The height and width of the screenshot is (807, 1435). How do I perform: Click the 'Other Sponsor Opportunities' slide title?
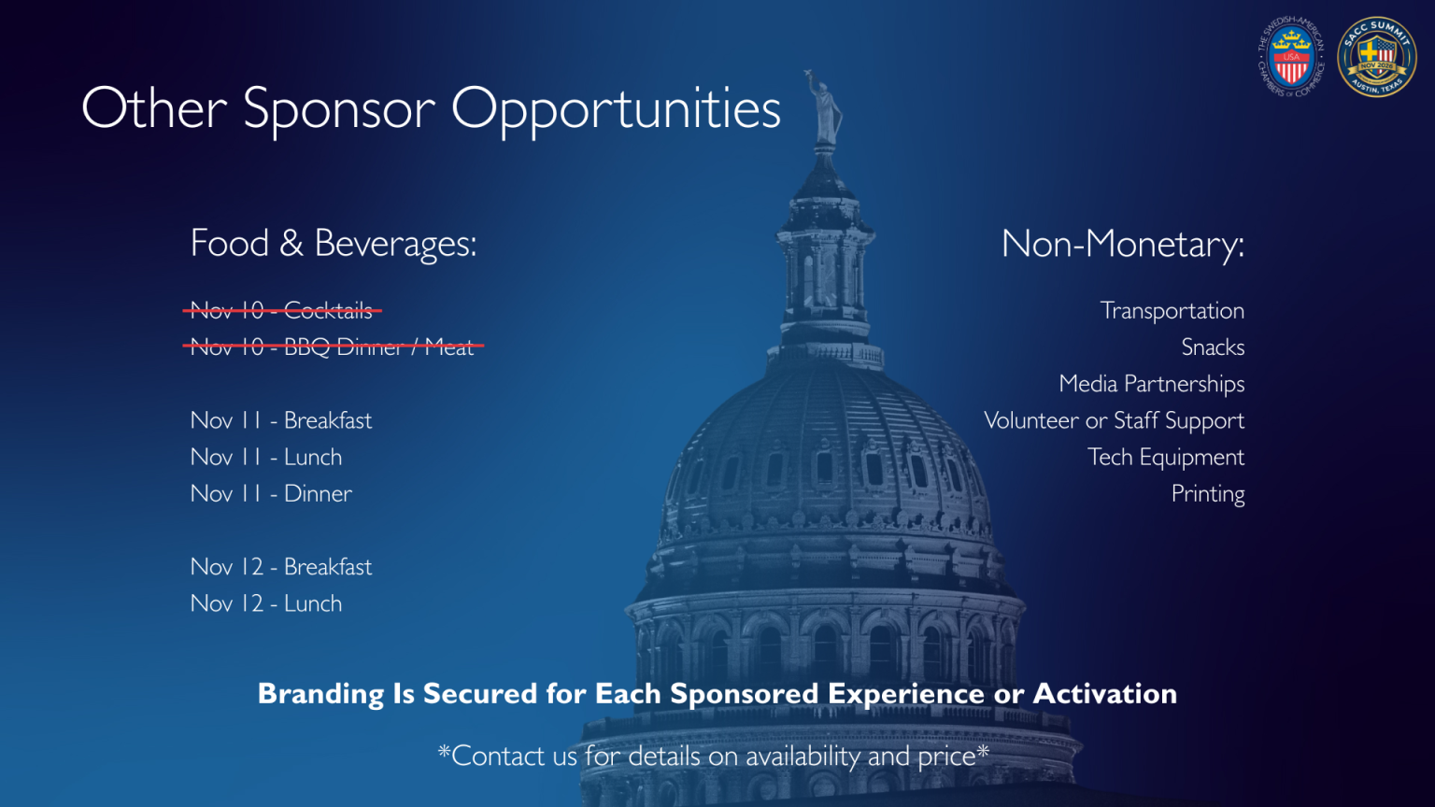tap(431, 109)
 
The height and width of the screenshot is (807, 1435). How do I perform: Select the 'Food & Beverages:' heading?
tap(334, 244)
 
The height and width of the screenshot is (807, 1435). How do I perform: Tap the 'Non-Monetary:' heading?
tap(1122, 245)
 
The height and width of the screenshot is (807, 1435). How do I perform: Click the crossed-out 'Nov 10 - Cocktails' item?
tap(281, 310)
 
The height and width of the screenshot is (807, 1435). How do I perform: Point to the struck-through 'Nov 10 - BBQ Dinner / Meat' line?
tap(333, 347)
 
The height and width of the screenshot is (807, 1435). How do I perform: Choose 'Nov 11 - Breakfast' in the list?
tap(281, 420)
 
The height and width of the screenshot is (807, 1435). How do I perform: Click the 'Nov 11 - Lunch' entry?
tap(266, 457)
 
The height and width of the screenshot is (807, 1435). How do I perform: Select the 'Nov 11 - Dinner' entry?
tap(271, 493)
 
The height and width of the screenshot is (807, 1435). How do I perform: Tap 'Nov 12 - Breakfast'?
tap(281, 567)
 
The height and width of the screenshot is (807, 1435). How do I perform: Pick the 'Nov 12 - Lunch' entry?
tap(266, 603)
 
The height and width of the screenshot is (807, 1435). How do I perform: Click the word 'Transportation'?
tap(1172, 310)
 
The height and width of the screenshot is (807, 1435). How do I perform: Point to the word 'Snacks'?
tap(1213, 347)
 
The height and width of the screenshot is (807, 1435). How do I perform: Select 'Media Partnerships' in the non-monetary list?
tap(1151, 384)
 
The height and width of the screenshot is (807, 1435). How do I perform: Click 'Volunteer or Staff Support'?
tap(1114, 420)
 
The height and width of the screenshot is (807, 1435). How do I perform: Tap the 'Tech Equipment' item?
tap(1166, 457)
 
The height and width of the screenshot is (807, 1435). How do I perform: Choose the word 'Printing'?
tap(1208, 493)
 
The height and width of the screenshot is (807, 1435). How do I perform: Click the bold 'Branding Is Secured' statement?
tap(717, 694)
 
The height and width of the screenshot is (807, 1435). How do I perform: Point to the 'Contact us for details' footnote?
tap(714, 756)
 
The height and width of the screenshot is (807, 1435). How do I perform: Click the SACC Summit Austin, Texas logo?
tap(1377, 57)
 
